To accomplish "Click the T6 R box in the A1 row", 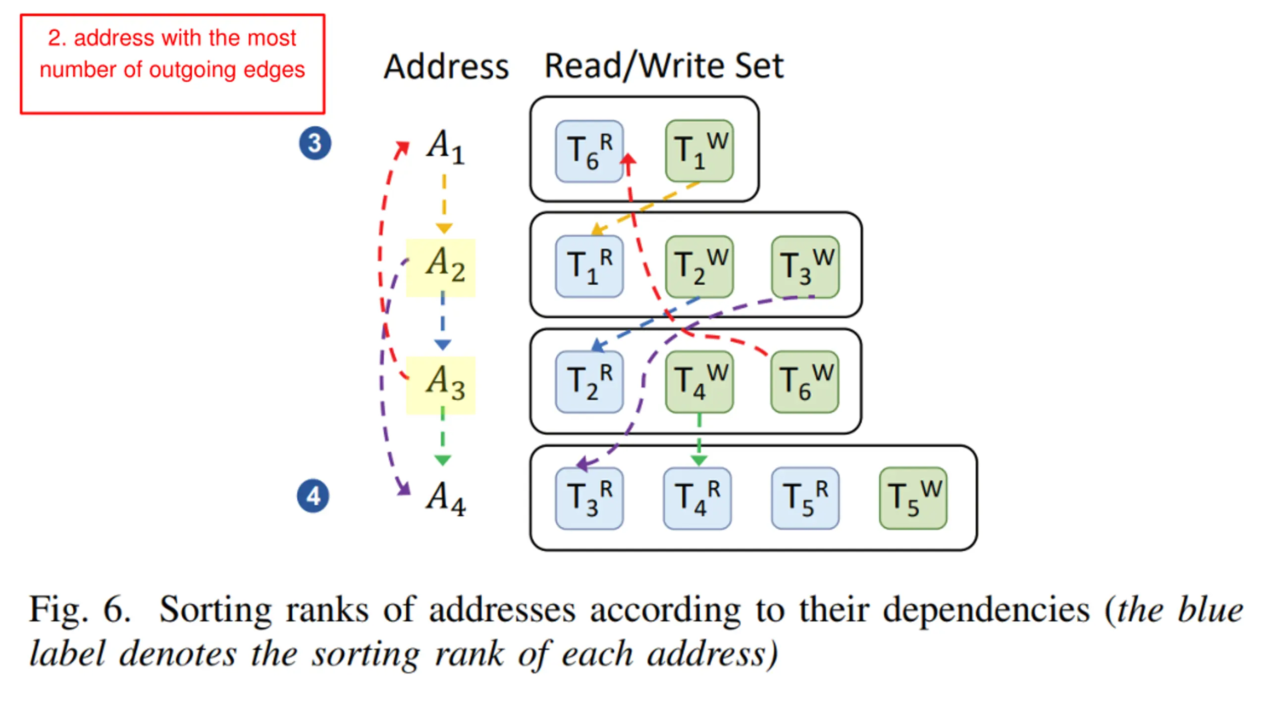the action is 589,151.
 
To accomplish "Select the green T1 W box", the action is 699,151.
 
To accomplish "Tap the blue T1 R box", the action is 589,266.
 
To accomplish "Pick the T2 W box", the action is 699,266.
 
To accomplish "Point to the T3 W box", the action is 805,266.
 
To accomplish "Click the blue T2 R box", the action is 589,382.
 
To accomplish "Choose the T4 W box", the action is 699,382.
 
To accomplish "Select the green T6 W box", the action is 804,382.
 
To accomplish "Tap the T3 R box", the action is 589,498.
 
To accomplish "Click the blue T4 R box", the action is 697,498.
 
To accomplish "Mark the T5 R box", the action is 805,498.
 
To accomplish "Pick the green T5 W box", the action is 913,498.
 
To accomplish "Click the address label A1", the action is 445,147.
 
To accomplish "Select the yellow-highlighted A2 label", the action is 440,267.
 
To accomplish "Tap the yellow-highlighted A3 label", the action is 440,385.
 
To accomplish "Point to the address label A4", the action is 445,499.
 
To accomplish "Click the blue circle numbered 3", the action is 315,143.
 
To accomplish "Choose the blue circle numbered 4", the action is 313,496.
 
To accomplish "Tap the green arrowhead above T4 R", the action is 698,460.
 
